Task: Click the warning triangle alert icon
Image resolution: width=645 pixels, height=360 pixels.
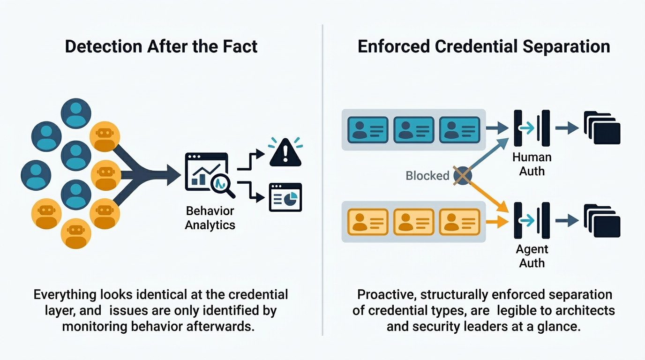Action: pos(285,153)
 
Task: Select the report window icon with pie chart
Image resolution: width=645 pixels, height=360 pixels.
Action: pos(285,197)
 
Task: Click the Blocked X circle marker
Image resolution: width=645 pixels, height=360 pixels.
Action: pos(462,176)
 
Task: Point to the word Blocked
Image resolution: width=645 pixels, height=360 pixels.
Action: pos(427,176)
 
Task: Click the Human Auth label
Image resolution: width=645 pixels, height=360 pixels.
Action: pos(532,164)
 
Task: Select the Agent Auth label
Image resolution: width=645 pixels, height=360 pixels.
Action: pos(532,256)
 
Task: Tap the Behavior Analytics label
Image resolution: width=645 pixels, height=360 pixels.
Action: pos(210,217)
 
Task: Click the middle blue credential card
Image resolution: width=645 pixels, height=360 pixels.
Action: pos(413,130)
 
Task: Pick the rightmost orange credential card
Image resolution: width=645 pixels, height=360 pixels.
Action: pos(459,222)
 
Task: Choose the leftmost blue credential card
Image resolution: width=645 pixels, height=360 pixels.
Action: pos(367,130)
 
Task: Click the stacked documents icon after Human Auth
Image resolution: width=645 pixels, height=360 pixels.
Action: pos(602,128)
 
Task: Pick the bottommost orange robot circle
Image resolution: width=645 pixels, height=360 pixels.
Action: pos(75,233)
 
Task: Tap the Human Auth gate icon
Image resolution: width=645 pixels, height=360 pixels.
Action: pos(532,128)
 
